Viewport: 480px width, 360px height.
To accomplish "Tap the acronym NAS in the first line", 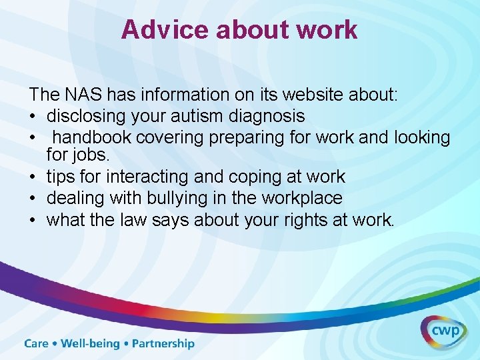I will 86,95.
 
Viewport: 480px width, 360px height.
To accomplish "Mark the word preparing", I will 248,137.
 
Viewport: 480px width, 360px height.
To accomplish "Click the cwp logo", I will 443,332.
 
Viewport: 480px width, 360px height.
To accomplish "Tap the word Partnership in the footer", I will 163,344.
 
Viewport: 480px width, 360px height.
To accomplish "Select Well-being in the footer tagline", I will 90,344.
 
